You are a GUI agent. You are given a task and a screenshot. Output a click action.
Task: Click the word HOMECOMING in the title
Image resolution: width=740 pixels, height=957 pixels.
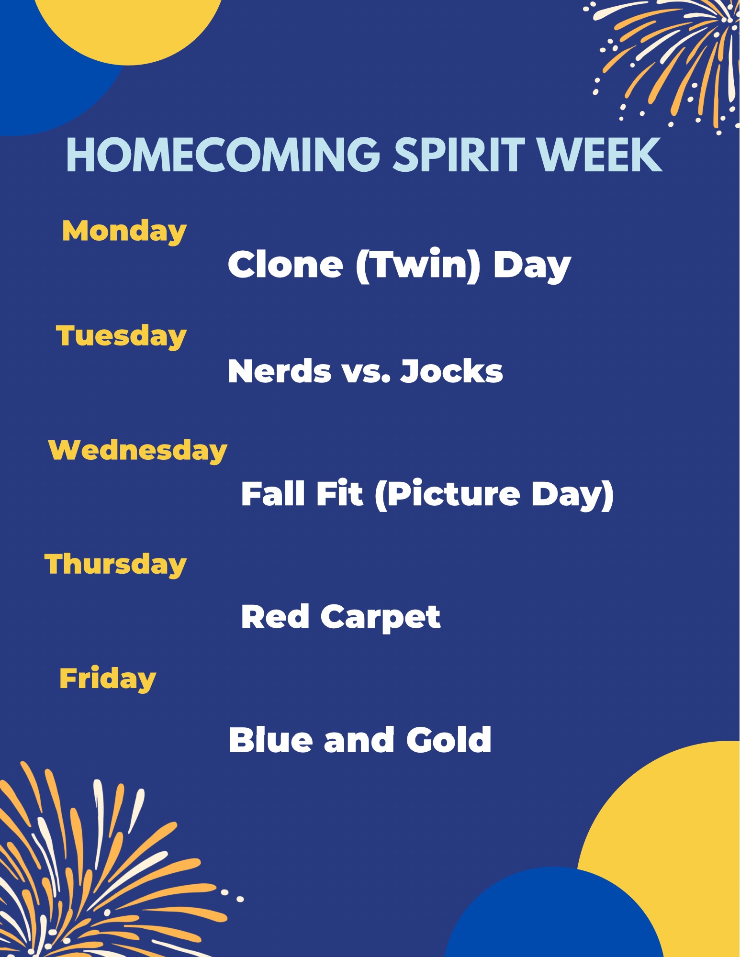(x=223, y=155)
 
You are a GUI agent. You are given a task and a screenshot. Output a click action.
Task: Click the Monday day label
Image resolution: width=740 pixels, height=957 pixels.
(x=124, y=232)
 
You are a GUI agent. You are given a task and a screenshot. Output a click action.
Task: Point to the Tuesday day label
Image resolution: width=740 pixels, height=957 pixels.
(x=121, y=336)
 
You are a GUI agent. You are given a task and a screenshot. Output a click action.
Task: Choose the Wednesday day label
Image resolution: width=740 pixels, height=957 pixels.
(x=138, y=451)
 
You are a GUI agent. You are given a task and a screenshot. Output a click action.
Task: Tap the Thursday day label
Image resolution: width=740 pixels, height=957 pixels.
(x=115, y=565)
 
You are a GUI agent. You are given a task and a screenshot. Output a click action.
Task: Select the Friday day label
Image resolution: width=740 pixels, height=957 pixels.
(x=108, y=679)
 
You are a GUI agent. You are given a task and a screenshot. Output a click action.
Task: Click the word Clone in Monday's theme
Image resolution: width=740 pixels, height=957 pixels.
(x=286, y=265)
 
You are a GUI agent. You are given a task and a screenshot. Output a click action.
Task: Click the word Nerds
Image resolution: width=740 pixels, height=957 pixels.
(x=280, y=371)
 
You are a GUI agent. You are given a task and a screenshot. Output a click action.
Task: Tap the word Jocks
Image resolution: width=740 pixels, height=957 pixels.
(x=452, y=371)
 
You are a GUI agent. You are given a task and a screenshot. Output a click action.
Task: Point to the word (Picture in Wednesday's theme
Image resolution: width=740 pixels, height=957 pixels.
(x=447, y=495)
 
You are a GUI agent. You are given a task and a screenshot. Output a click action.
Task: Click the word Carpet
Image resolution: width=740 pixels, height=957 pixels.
(x=381, y=618)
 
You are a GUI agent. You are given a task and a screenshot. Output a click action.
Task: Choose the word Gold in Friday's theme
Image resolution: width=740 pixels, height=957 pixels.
(x=448, y=740)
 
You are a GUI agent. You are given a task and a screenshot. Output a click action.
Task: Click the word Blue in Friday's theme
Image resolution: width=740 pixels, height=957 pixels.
(x=271, y=740)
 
